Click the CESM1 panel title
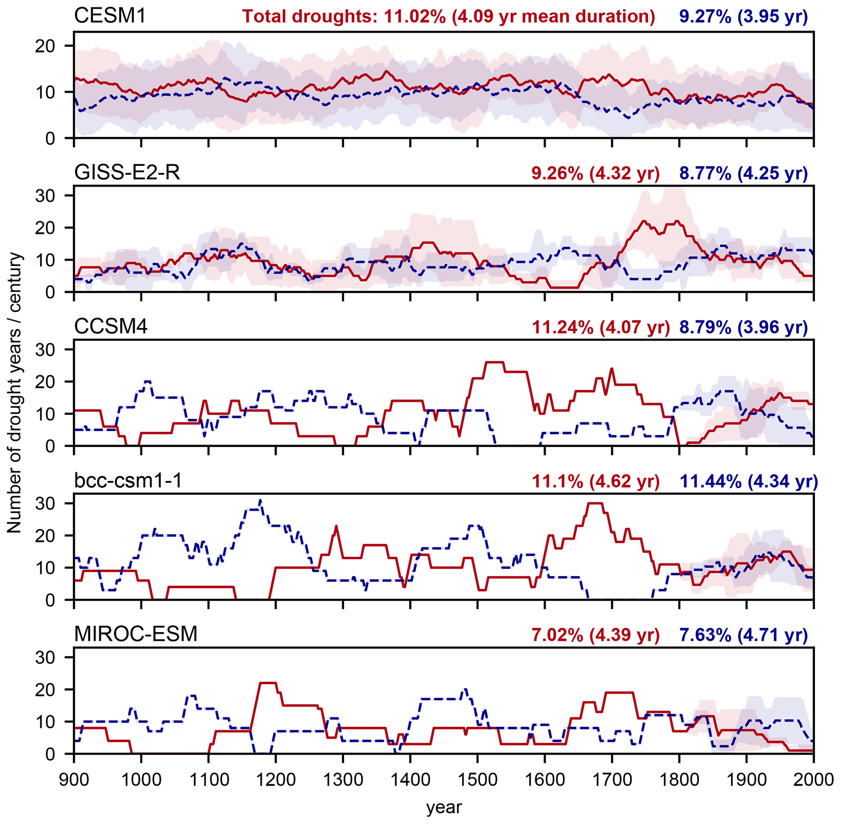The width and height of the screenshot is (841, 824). tap(110, 16)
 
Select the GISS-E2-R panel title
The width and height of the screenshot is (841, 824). tap(127, 173)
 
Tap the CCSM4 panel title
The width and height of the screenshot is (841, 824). tap(111, 326)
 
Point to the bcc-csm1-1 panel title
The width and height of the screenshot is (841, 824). tap(128, 481)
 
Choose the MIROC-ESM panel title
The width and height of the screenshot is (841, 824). tap(136, 635)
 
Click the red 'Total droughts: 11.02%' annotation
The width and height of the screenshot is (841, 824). tap(448, 17)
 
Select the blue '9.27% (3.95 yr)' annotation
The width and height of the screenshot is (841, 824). tap(743, 17)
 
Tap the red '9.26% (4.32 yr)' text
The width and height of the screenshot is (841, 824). tap(595, 174)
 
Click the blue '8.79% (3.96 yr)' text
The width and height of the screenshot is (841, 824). tap(743, 327)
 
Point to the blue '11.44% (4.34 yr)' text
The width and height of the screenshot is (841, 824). tap(749, 482)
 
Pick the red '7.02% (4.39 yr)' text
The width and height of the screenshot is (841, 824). tap(595, 635)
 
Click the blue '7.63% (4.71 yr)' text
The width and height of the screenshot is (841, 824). tap(743, 635)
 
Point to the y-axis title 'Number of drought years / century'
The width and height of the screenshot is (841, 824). tap(15, 393)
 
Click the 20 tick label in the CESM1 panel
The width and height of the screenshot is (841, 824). tap(45, 46)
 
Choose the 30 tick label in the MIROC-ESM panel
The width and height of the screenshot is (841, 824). tap(45, 657)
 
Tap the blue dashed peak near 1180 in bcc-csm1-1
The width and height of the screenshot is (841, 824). tap(260, 501)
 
